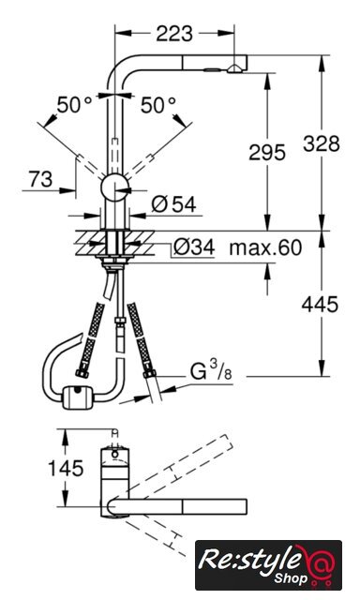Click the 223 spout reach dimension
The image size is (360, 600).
(x=174, y=34)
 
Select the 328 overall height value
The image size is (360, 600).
(x=322, y=143)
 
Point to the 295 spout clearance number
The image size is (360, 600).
(x=267, y=152)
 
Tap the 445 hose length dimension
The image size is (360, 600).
(x=320, y=305)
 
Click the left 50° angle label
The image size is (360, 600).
(x=75, y=105)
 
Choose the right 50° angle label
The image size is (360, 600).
(x=158, y=105)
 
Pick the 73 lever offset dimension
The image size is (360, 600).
(x=40, y=179)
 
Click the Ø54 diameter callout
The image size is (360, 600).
(x=173, y=204)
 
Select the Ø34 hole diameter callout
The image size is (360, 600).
(x=193, y=247)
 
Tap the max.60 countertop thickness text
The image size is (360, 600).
(x=265, y=247)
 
